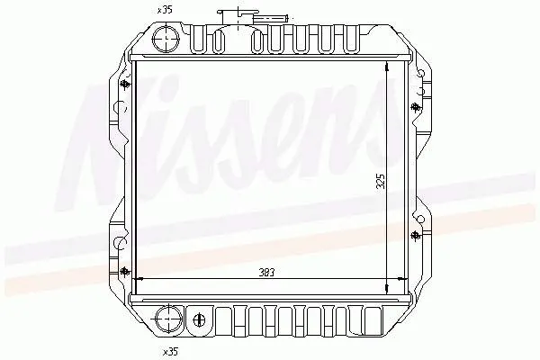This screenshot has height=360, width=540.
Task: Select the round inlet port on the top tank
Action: click(x=166, y=39)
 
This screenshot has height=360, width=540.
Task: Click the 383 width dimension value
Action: click(x=265, y=271)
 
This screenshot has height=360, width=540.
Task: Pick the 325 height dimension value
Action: click(x=381, y=181)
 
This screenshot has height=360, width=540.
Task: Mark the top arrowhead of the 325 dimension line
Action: click(x=387, y=68)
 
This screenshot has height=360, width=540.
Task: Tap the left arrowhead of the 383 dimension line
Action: click(x=138, y=277)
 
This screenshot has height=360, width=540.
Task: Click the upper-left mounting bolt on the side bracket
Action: click(x=124, y=85)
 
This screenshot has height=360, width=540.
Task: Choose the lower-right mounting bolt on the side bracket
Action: click(x=415, y=236)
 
